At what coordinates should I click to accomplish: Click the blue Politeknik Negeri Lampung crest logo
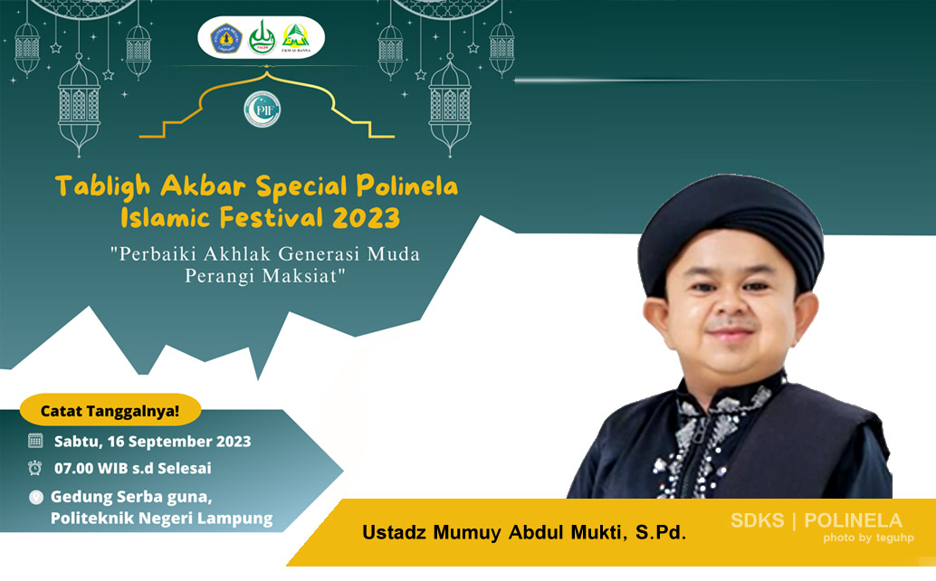click(x=225, y=38)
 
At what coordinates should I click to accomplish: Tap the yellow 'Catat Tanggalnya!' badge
click(x=110, y=411)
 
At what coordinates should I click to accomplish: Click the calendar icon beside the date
click(x=35, y=442)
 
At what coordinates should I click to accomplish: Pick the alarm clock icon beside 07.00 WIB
click(x=35, y=469)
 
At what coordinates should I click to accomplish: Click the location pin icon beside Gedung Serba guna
click(x=35, y=497)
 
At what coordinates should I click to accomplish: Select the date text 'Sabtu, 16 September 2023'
click(x=152, y=442)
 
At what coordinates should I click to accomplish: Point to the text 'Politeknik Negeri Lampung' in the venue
click(x=161, y=519)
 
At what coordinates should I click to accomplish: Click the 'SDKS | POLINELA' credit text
click(x=817, y=520)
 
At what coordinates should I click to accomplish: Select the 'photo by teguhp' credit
click(x=868, y=538)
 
